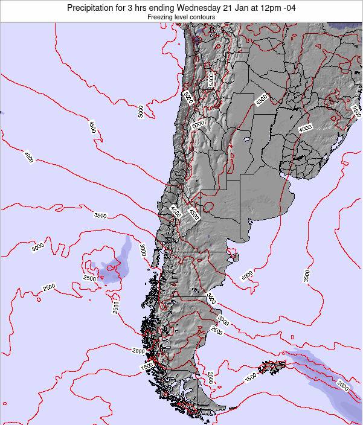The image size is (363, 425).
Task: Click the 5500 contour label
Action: [211, 80]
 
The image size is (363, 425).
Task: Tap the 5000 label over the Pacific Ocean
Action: [140, 111]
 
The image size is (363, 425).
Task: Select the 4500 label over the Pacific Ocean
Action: [92, 127]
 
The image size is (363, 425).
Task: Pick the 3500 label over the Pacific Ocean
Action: [100, 216]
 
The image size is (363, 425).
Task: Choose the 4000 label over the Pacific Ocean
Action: [29, 157]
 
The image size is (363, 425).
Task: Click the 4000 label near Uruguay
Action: [305, 128]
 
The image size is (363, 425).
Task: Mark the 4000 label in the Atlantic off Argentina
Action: [247, 276]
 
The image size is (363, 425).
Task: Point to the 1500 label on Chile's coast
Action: [147, 366]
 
